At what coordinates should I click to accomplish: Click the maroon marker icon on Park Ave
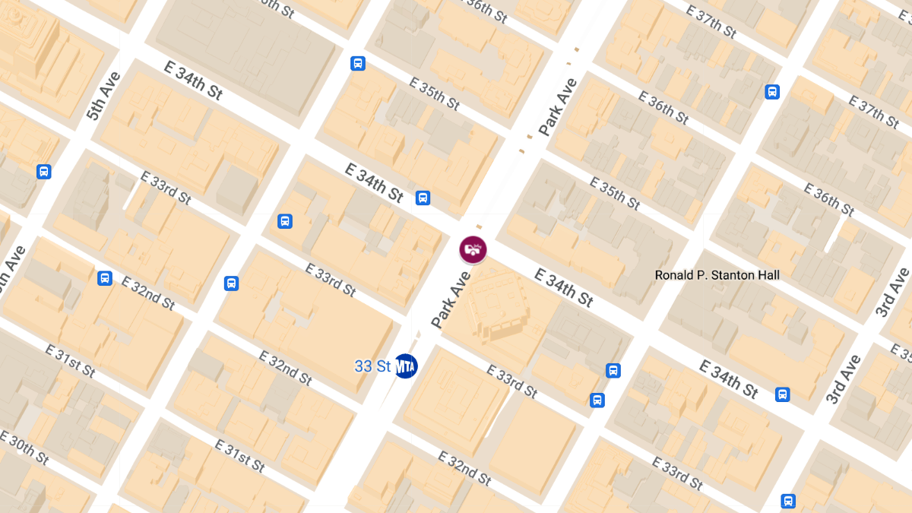[x=473, y=249]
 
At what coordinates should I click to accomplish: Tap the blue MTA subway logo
[x=406, y=366]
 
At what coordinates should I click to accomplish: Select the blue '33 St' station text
[x=372, y=366]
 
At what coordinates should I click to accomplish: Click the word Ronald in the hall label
[x=675, y=275]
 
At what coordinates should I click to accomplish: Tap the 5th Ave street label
[x=103, y=97]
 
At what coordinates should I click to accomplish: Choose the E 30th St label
[x=24, y=448]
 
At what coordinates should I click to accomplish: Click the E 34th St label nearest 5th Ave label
[x=193, y=80]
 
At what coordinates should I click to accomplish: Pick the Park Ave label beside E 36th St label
[x=558, y=107]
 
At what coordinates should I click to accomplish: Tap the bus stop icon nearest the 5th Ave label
[x=44, y=172]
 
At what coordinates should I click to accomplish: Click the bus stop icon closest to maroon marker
[x=423, y=198]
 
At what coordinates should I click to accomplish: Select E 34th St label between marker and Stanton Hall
[x=563, y=287]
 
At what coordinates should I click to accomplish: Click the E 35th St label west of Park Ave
[x=434, y=93]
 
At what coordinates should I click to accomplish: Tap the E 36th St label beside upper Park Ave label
[x=663, y=107]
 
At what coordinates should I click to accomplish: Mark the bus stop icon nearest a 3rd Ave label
[x=782, y=394]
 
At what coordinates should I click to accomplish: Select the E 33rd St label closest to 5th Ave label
[x=166, y=187]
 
